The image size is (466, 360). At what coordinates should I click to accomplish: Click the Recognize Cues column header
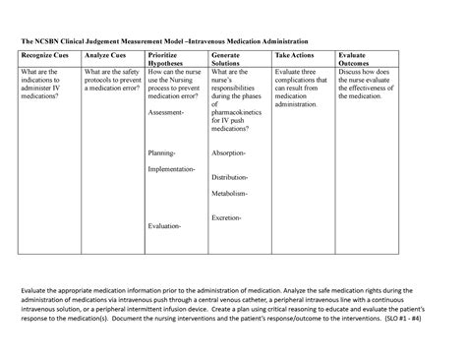pos(45,58)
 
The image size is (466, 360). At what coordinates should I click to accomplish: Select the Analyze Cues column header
pos(106,58)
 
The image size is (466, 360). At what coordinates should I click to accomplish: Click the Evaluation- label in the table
pos(164,226)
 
